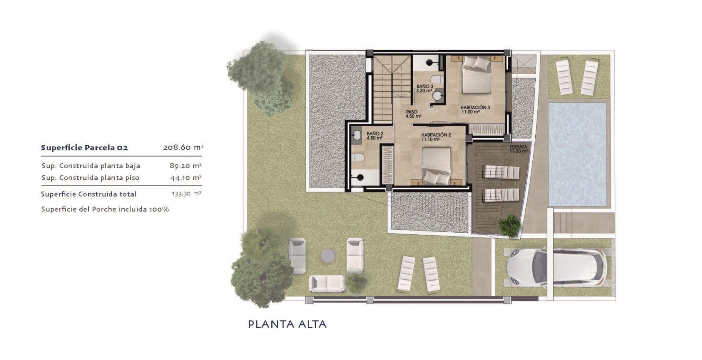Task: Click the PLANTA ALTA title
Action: (287, 324)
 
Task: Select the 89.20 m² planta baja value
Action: (186, 165)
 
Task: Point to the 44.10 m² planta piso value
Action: (186, 177)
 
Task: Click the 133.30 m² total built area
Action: (186, 194)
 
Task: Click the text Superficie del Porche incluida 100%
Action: (105, 209)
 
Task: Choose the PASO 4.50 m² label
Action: (413, 114)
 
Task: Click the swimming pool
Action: (577, 153)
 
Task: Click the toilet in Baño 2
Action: (358, 159)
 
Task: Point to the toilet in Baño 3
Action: (436, 80)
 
